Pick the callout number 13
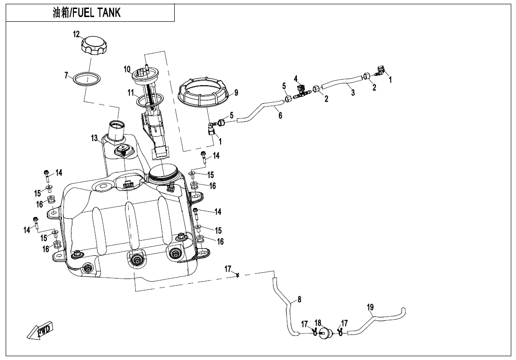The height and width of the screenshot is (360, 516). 94,138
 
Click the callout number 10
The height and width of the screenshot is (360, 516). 127,69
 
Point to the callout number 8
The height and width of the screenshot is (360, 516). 299,299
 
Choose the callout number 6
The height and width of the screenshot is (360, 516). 280,116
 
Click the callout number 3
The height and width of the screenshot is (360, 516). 353,93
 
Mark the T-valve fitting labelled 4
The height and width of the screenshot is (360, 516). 301,90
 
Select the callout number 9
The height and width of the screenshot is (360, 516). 236,92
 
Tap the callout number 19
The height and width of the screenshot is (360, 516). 370,307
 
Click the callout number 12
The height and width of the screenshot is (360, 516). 76,34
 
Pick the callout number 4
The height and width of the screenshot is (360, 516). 295,78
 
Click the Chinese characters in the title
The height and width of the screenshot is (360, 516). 61,13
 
